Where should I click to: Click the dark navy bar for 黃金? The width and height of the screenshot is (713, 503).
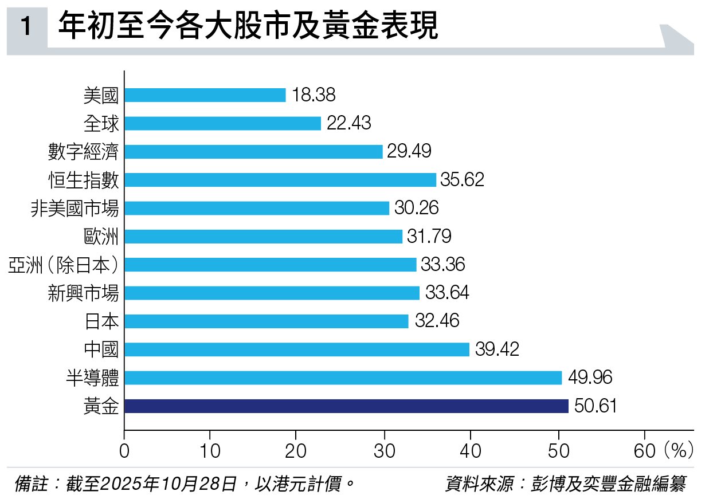346,406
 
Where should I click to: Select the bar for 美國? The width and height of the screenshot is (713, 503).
205,95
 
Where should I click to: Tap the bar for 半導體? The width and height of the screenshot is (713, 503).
343,378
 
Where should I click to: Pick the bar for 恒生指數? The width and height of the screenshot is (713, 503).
280,180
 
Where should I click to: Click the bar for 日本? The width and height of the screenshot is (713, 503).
266,321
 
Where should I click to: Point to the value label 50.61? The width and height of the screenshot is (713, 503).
596,406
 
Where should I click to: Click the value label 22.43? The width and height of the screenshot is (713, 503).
349,123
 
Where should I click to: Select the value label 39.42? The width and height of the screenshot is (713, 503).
497,349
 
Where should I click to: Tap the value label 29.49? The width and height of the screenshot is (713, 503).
409,151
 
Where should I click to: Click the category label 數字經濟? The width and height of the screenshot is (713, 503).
84,152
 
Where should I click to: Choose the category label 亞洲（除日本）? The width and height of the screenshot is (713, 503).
64,265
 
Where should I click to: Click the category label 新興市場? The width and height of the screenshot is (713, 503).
84,293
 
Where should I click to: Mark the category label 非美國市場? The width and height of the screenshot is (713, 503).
75,208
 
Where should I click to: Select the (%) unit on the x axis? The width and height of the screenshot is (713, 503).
679,450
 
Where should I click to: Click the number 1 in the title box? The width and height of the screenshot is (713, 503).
26,27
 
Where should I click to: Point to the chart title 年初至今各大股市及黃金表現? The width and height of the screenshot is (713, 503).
248,26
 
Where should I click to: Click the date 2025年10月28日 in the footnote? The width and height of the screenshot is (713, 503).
168,485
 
